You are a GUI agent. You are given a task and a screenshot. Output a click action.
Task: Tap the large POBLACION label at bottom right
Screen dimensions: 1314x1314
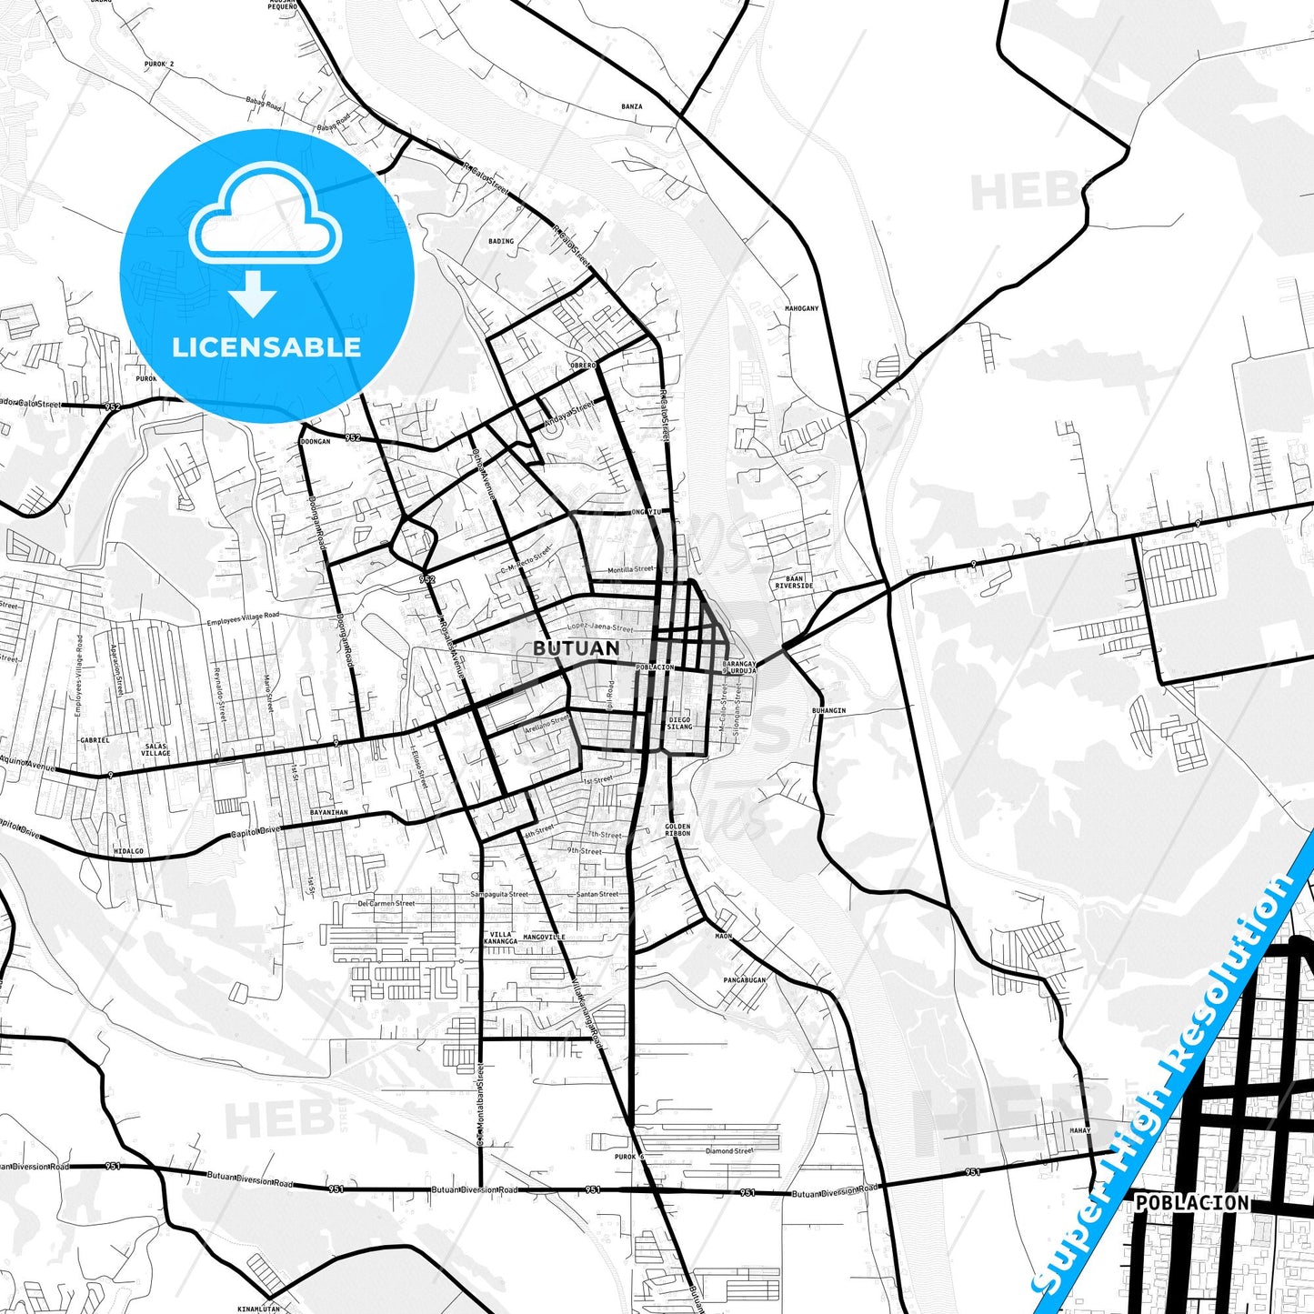coord(1192,1203)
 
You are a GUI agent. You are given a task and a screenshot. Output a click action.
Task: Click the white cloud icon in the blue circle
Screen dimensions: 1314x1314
coord(266,216)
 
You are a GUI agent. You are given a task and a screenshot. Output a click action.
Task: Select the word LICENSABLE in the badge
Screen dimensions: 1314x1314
coord(266,346)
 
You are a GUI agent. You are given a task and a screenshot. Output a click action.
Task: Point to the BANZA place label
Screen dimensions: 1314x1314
coord(631,106)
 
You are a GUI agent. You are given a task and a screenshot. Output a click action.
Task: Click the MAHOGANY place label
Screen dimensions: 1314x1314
coord(801,308)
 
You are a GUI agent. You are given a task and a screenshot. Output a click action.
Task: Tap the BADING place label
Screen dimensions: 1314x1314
coord(501,241)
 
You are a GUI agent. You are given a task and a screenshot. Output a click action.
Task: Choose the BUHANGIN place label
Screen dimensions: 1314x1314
coord(828,710)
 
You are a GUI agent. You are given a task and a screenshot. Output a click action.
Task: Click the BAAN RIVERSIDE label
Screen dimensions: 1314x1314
coord(794,582)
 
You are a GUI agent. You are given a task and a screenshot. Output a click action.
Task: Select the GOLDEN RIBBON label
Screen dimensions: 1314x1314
coord(677,830)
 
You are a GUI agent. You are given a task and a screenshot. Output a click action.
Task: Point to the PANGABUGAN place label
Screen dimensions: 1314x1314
coord(744,980)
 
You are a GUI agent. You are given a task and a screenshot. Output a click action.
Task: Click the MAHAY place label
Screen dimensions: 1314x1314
coord(1079,1130)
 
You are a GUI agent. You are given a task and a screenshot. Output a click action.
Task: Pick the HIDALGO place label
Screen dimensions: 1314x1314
coord(128,851)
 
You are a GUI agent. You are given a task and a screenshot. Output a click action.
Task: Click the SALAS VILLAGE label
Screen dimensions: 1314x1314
coord(155,749)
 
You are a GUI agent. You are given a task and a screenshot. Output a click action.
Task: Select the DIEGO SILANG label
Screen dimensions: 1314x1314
coord(679,723)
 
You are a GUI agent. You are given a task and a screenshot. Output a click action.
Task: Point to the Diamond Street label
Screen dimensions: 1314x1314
coord(729,1150)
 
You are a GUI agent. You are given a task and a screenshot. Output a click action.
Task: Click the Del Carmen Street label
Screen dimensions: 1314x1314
coord(386,904)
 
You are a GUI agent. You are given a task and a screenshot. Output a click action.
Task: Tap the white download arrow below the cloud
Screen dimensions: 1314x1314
coord(252,294)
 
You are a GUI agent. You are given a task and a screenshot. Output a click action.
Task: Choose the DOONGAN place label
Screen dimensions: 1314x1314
coord(315,441)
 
